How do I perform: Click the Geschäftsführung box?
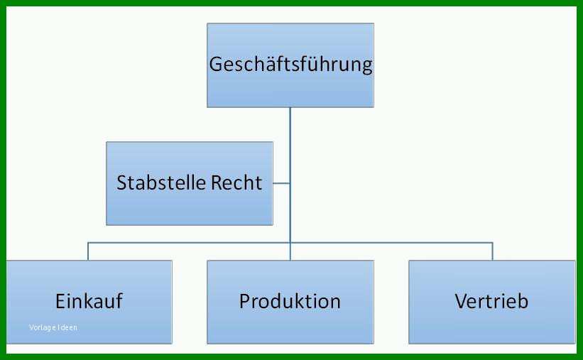click(290, 65)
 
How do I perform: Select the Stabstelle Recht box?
click(190, 183)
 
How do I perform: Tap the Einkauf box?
click(89, 302)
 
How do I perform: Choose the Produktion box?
click(290, 302)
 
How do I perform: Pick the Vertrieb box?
click(492, 302)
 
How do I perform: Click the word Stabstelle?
click(161, 182)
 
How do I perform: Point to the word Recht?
click(237, 182)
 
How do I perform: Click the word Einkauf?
click(89, 301)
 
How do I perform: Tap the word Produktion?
click(290, 301)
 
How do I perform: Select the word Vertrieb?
click(491, 301)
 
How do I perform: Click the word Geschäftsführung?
click(290, 65)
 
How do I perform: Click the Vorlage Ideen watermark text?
click(53, 327)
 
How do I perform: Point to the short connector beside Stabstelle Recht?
click(281, 183)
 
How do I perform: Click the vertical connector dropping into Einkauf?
click(88, 251)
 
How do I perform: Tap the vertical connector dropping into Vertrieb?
click(493, 251)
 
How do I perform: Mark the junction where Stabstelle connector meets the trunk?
click(290, 183)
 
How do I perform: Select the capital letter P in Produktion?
click(244, 301)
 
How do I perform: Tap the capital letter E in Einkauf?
click(60, 301)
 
